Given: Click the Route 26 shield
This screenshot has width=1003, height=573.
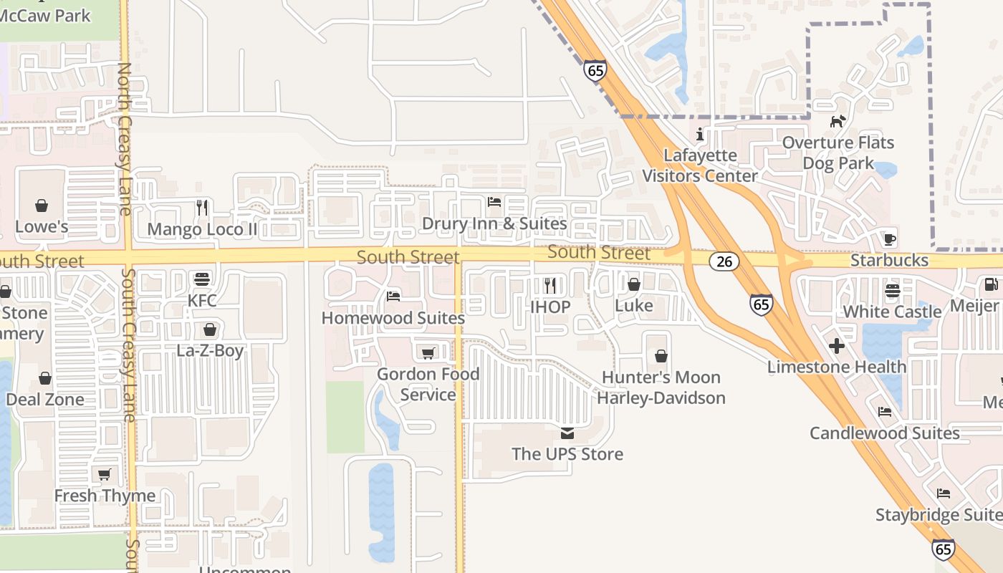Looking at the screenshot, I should tap(724, 261).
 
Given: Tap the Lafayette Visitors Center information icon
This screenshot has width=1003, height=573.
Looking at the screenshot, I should tap(700, 135).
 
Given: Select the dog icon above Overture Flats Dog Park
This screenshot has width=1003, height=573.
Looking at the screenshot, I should tap(838, 122).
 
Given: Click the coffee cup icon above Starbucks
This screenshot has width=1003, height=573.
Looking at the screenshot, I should tap(889, 239).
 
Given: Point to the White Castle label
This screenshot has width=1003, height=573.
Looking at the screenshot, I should tap(892, 312).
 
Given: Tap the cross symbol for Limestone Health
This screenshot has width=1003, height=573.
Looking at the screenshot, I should tap(836, 347).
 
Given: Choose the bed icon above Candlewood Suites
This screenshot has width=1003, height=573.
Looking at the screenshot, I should tap(885, 412).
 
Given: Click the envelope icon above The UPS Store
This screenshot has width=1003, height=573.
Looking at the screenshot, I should tap(567, 433).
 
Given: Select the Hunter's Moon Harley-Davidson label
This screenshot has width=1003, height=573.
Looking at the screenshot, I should tap(661, 387).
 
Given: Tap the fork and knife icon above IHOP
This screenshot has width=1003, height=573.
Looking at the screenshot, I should tap(550, 286).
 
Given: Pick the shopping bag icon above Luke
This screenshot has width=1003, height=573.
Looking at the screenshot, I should tap(634, 285).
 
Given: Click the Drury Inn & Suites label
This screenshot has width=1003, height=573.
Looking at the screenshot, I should tap(494, 223).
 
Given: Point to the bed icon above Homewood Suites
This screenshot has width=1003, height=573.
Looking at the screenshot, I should tap(393, 296).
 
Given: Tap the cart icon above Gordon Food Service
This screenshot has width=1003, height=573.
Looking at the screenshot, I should tap(428, 353).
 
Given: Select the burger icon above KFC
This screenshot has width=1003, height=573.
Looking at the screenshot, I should tap(202, 279).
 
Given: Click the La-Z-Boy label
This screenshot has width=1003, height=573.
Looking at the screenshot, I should tap(210, 351).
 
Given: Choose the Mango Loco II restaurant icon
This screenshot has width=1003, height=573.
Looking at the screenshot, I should tap(202, 208).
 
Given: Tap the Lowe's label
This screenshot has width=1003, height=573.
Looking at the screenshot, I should tap(42, 227).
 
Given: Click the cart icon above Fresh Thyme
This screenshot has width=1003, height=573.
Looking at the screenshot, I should tap(105, 474).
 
